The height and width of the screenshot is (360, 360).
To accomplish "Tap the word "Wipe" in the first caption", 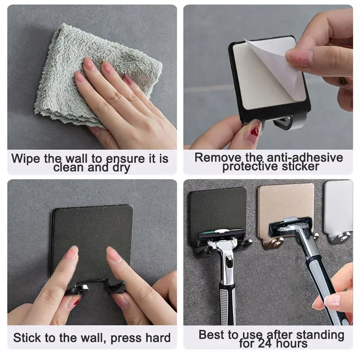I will [26, 158].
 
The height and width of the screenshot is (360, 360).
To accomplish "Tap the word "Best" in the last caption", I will [212, 335].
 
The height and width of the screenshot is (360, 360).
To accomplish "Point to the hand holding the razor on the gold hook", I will [340, 292].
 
